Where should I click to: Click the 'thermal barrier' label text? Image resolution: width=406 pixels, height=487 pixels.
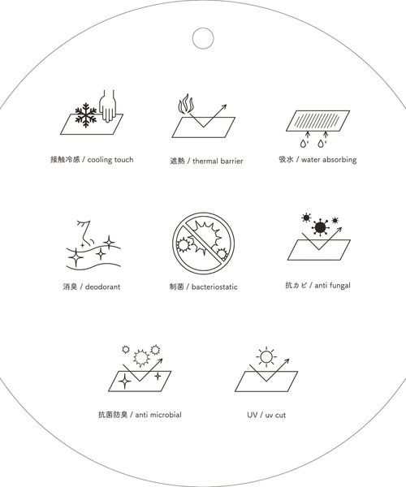point(204,161)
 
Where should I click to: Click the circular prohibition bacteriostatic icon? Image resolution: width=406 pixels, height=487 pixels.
point(200,243)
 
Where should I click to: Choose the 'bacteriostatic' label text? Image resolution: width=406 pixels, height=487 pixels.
point(203,287)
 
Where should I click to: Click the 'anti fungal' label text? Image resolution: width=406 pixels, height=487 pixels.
point(317,287)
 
